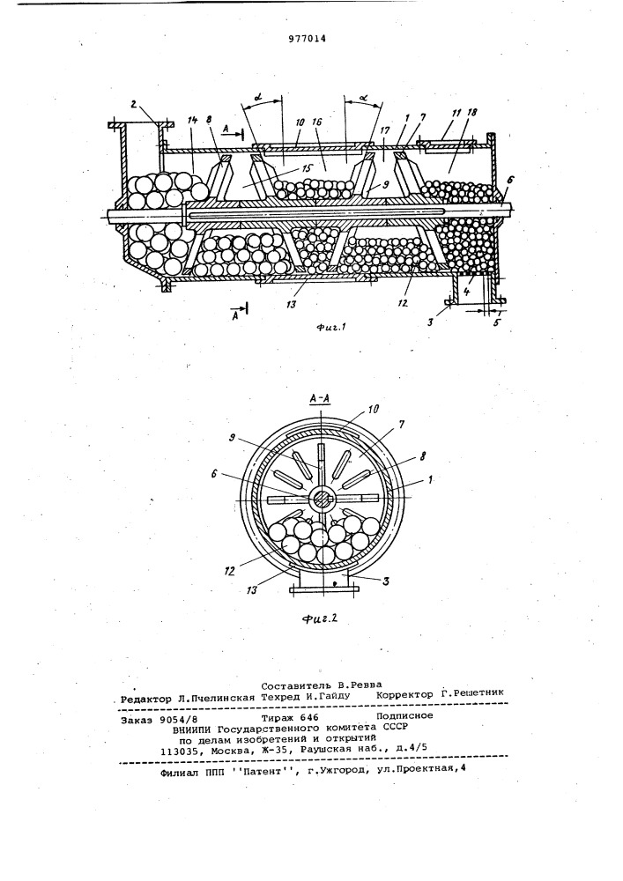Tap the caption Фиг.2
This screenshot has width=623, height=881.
point(319,619)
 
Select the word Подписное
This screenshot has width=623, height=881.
point(404,715)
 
